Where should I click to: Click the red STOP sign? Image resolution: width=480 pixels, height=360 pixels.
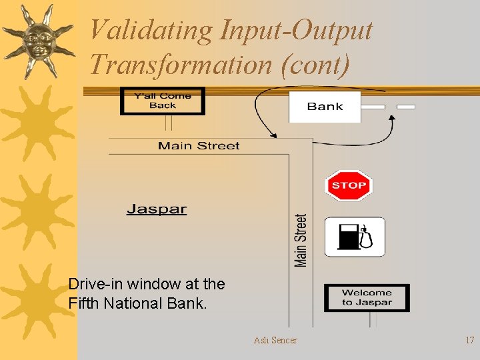coord(349,185)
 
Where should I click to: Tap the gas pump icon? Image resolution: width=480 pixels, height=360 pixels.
coord(355,237)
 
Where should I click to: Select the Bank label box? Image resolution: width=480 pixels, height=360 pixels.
coord(325,107)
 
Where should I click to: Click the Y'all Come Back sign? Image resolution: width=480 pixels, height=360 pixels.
coord(162,101)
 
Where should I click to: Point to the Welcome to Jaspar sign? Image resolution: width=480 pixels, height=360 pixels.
coord(367,297)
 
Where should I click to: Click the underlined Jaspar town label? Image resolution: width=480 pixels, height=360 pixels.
coord(157,209)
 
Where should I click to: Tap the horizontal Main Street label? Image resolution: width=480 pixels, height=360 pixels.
coord(199,145)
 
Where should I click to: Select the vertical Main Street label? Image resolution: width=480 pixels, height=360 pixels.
coord(301,240)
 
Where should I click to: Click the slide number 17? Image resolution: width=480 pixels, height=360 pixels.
coord(469,340)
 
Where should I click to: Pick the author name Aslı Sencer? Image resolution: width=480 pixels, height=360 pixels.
coord(275,340)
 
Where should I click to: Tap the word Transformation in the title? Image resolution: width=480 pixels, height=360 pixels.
coord(179,65)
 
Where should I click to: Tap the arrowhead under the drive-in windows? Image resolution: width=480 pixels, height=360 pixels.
coord(392,117)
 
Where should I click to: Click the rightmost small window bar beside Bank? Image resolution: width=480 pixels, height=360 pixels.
coord(405,107)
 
